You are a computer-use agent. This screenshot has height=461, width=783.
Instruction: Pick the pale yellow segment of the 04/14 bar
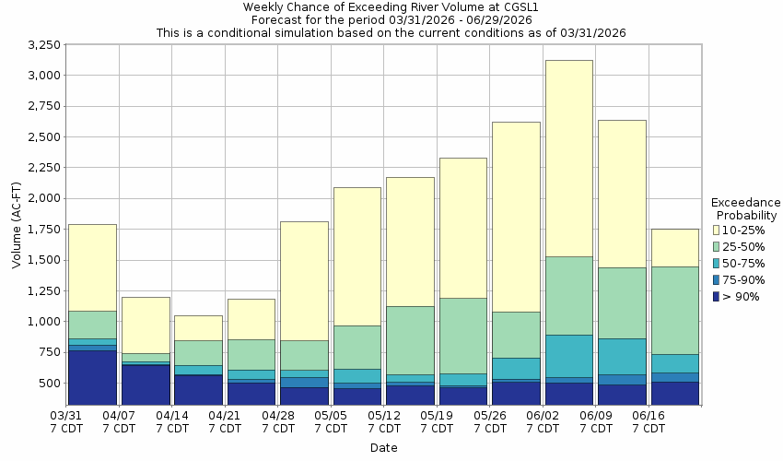(198, 328)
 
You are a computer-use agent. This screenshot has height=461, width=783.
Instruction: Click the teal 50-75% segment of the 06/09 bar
(622, 356)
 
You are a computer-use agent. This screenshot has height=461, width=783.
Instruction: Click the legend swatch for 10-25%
(716, 230)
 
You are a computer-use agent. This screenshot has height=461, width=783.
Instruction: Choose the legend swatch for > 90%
(716, 296)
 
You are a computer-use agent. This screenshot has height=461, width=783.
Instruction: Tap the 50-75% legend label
(742, 263)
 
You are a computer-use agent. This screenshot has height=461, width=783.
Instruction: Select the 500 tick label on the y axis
(50, 383)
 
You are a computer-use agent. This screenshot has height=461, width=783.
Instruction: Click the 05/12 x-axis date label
(384, 422)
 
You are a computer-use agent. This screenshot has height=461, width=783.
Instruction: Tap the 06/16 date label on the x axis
(649, 422)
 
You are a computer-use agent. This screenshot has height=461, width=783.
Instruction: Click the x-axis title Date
(384, 447)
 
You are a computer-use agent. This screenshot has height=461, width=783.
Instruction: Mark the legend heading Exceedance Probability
(746, 208)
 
